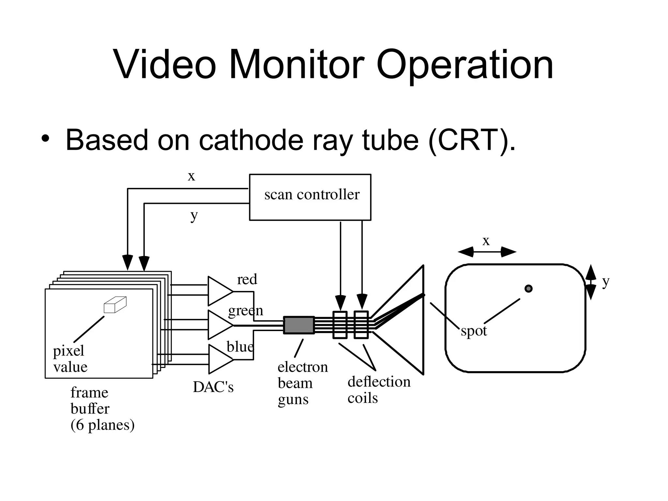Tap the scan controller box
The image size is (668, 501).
[310, 197]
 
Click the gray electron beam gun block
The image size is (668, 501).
[299, 325]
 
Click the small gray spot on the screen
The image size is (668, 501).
[528, 288]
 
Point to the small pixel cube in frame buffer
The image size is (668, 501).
[115, 305]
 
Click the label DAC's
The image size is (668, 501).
[213, 387]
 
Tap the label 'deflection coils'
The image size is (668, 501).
[379, 390]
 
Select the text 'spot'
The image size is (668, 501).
[474, 331]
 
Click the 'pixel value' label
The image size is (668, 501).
[70, 359]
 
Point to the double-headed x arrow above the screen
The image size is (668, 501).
[487, 252]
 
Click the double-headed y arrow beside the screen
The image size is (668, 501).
[590, 282]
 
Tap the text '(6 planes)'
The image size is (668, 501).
[102, 425]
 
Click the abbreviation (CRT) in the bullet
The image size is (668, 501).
[469, 140]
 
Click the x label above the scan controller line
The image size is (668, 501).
[191, 176]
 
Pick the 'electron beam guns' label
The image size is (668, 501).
[302, 383]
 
